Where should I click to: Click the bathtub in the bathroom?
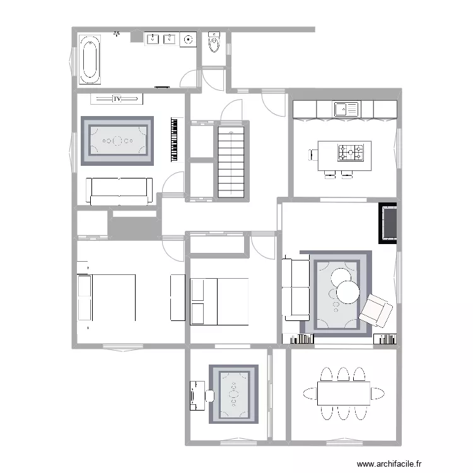click(x=90, y=59)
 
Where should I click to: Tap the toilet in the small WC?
click(x=214, y=42)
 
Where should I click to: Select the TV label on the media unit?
click(x=117, y=98)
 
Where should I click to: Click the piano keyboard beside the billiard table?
click(x=174, y=139)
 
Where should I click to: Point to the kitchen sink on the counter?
click(x=346, y=109)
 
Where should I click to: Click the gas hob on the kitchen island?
click(x=350, y=153)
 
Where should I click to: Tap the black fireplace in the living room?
click(x=388, y=223)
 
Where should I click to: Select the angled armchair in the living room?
click(x=376, y=311)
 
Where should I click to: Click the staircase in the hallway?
click(x=231, y=162)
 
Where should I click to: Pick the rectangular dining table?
click(x=344, y=394)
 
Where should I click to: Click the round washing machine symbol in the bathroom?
click(x=188, y=40)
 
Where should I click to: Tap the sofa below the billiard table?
click(x=119, y=191)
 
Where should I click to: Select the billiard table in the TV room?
click(x=117, y=141)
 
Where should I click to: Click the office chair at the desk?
click(x=209, y=396)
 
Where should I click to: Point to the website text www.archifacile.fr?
click(x=389, y=464)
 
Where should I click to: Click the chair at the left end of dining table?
click(x=310, y=394)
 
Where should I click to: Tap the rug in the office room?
click(x=234, y=394)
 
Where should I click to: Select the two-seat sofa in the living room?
click(x=296, y=288)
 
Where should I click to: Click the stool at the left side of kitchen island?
click(x=313, y=155)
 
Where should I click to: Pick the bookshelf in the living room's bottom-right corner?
click(x=385, y=339)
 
